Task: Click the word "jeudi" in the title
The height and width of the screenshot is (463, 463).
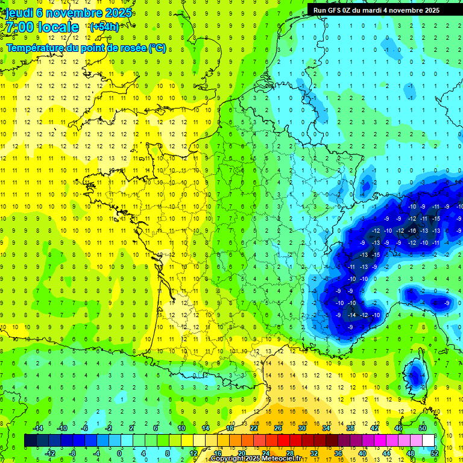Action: click(x=19, y=13)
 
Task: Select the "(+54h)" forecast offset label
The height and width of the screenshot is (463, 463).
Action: click(x=104, y=27)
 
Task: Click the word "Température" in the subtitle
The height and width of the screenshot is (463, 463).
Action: click(x=34, y=48)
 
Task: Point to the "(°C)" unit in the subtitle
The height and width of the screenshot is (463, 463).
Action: click(x=157, y=48)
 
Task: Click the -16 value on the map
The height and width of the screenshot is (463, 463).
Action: click(x=412, y=230)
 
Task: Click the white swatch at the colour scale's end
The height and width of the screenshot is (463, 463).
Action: click(x=428, y=441)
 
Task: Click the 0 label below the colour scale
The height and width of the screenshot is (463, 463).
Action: click(x=119, y=453)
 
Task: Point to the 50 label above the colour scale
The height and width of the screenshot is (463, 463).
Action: click(x=423, y=428)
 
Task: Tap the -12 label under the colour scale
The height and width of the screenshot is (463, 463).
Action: click(x=50, y=453)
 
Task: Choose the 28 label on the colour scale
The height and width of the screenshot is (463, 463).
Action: click(x=289, y=453)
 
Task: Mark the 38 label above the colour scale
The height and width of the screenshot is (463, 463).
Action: click(x=350, y=428)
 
